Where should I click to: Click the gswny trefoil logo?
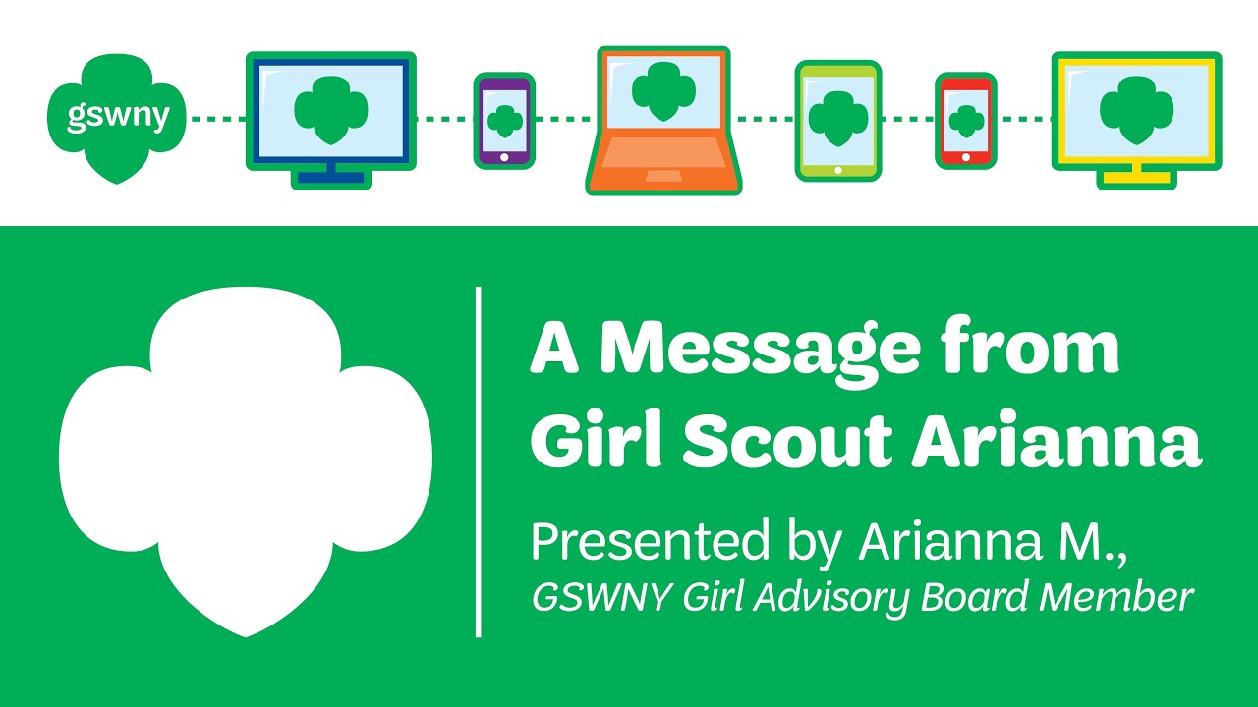point(117,118)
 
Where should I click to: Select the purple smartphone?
point(504,120)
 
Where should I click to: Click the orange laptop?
point(663,120)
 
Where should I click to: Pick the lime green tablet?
point(837,120)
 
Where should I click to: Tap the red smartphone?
point(965,120)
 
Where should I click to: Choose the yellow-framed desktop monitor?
point(1136,118)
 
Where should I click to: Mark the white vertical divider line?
point(479,462)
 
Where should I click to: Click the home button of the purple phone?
point(504,156)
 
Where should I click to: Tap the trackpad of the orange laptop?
point(663,176)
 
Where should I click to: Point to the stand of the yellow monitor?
point(1136,174)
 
